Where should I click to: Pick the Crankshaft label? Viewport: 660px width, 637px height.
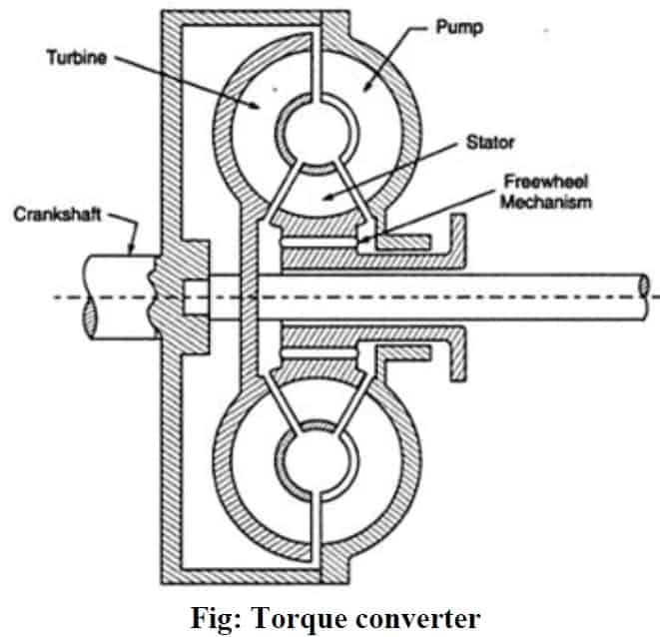(54, 215)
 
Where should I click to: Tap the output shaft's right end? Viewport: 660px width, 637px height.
(646, 288)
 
